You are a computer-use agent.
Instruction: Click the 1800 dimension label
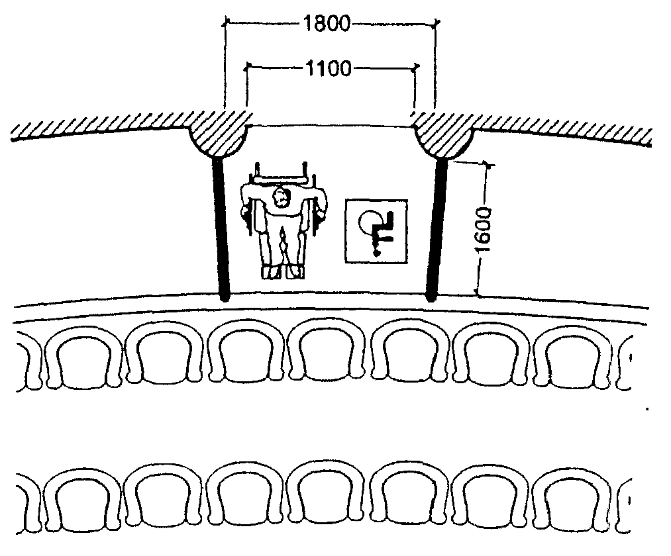coord(327,24)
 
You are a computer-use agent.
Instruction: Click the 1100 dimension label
coord(329,68)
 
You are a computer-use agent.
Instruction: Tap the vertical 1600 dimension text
coord(484,230)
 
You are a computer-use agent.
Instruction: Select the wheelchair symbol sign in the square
coord(376,231)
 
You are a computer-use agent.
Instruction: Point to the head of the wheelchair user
coord(281,197)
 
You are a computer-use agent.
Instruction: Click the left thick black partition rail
coord(221,229)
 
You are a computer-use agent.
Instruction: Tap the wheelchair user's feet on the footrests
coord(283,272)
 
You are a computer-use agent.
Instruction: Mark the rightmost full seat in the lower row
coord(574,501)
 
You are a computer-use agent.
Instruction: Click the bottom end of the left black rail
coord(225,299)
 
